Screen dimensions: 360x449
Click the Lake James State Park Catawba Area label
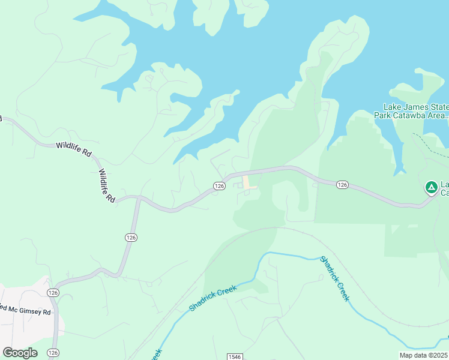tap(412, 111)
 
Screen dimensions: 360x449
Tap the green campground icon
tap(431, 188)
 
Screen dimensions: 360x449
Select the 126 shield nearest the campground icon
tap(342, 184)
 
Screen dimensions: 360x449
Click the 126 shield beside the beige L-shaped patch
tap(219, 186)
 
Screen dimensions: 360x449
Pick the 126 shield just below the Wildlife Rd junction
tap(131, 238)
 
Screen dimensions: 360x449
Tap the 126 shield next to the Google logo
tap(53, 352)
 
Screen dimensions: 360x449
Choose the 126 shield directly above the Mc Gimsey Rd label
tap(53, 292)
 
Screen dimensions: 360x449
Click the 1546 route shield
tap(235, 357)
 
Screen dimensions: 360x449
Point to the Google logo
tap(20, 352)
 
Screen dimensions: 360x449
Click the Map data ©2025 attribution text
tap(423, 355)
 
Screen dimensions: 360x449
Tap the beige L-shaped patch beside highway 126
tap(248, 182)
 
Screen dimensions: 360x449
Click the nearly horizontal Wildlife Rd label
tap(73, 149)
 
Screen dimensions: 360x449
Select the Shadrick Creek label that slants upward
tap(213, 298)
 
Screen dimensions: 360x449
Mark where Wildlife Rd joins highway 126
tap(139, 197)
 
